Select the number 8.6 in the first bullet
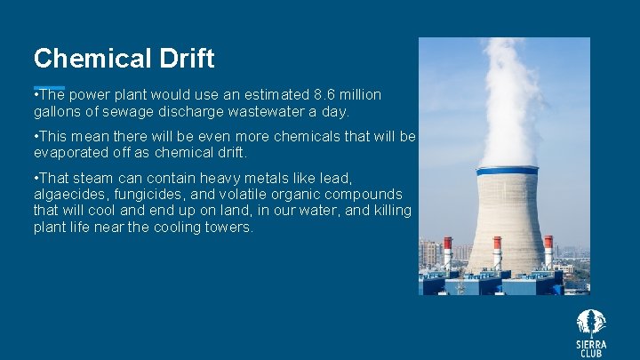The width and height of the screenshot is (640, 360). tap(325, 95)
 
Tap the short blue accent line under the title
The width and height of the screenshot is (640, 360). tap(49, 87)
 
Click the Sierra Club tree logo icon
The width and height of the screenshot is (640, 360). tap(591, 322)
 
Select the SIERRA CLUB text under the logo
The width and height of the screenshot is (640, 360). tap(591, 348)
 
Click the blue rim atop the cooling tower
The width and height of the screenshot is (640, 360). tap(507, 170)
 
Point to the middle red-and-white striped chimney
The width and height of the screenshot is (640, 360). tap(497, 252)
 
